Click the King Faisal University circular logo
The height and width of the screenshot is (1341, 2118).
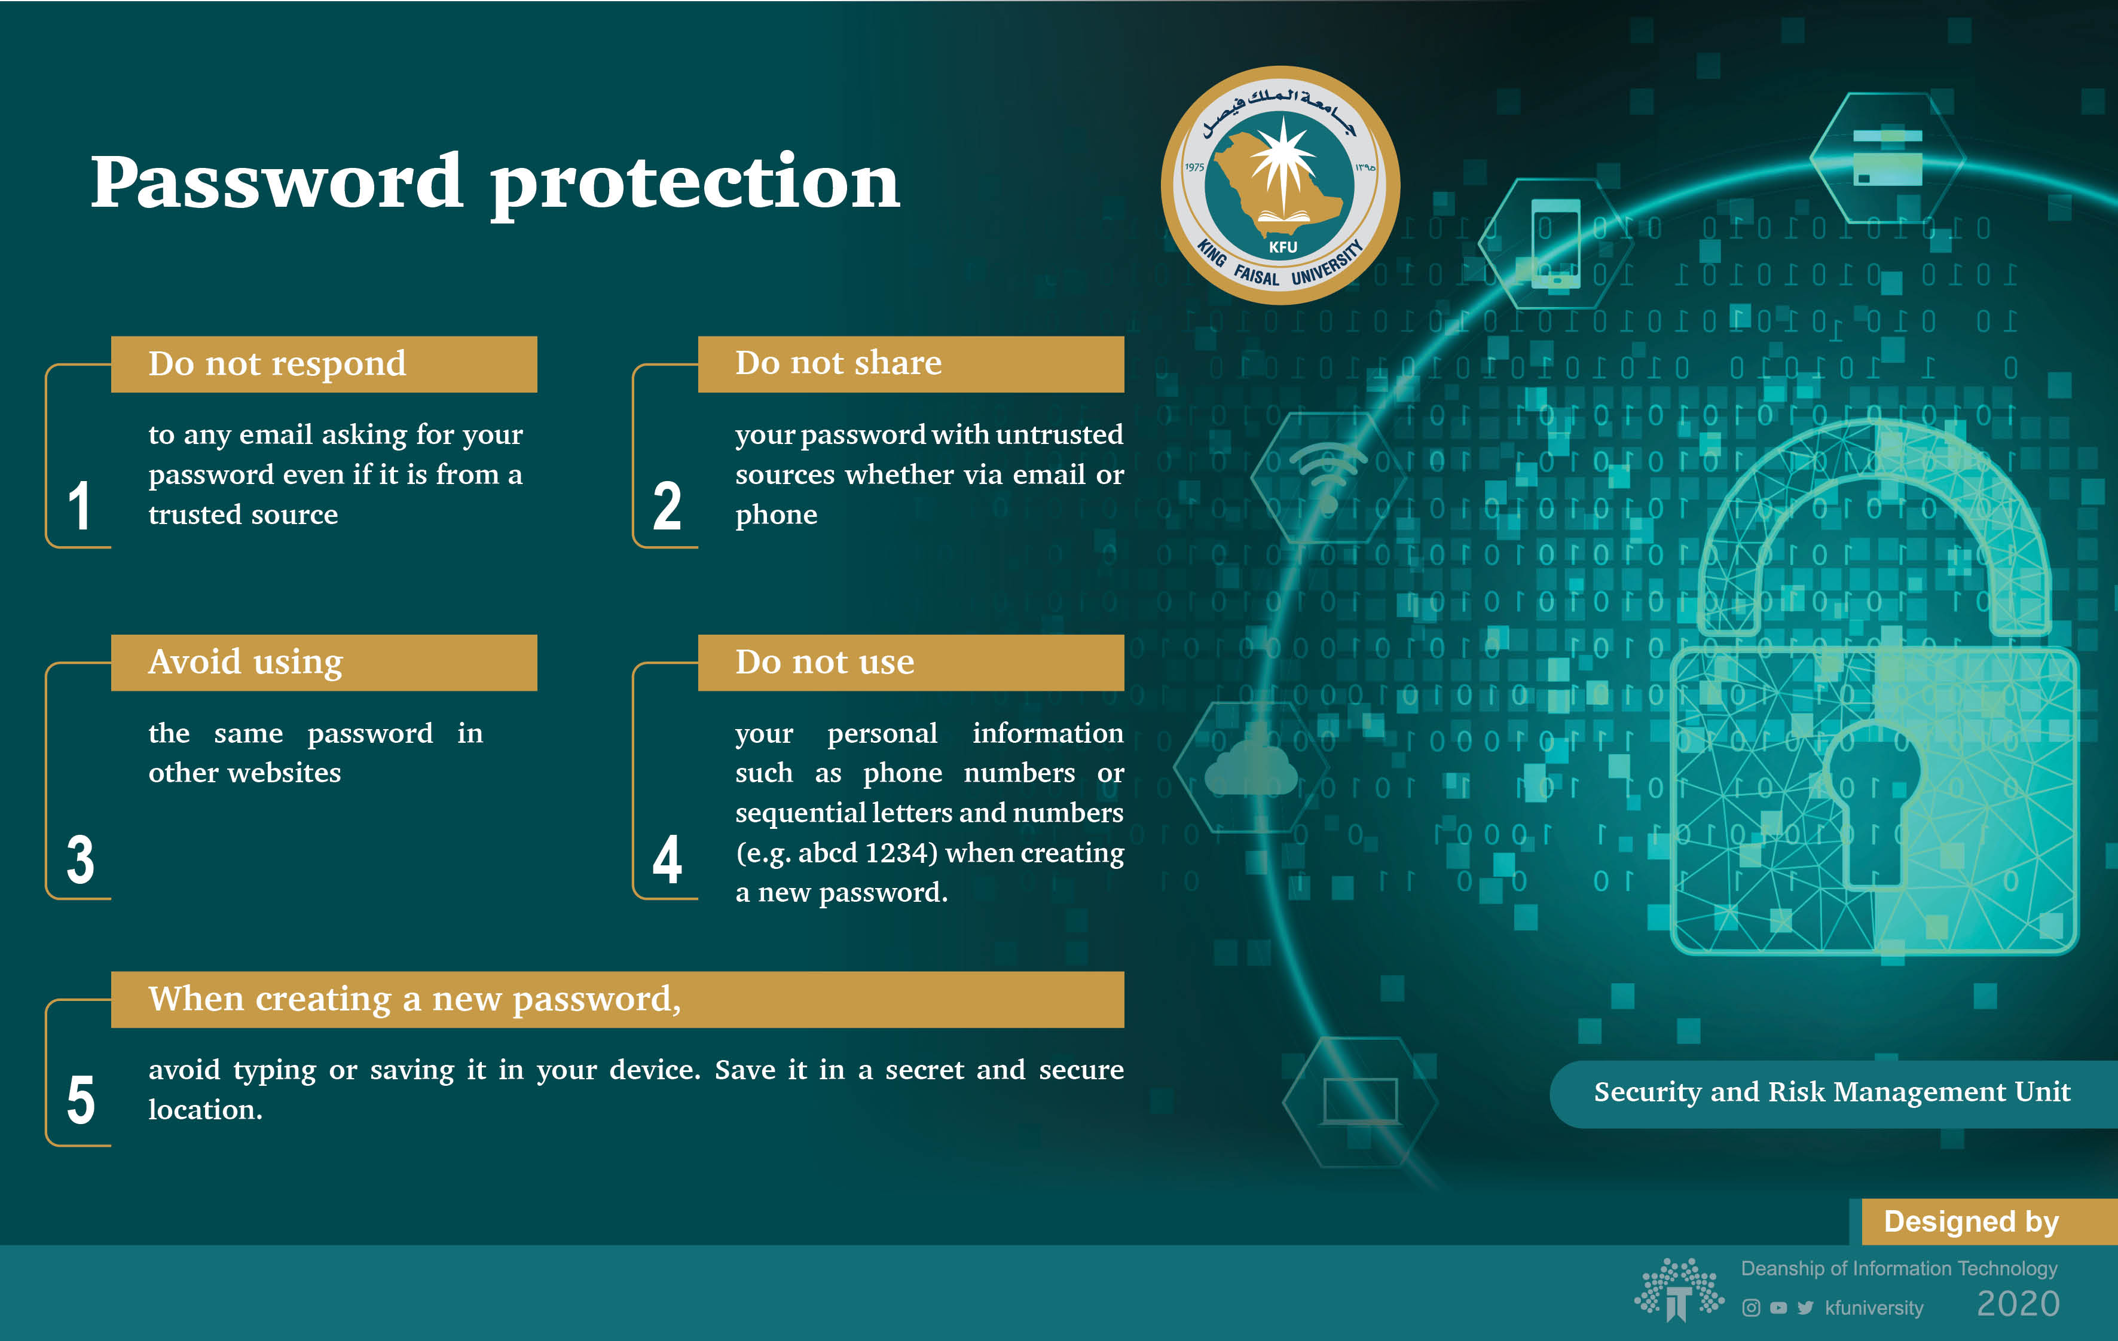click(1280, 185)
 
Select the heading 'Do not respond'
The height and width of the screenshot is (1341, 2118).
click(277, 364)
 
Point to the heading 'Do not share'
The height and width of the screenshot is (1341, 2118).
click(838, 362)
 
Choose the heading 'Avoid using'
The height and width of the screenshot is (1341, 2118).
click(246, 662)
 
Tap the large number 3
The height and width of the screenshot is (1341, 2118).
click(80, 859)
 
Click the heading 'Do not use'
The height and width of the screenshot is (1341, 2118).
click(825, 662)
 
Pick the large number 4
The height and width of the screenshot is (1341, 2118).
click(667, 859)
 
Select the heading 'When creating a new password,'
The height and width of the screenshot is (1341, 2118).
click(414, 1000)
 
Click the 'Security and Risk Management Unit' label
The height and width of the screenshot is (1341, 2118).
click(1832, 1092)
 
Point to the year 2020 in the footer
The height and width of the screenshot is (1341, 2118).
click(2018, 1304)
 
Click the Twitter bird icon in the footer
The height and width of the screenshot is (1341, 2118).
click(1806, 1308)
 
